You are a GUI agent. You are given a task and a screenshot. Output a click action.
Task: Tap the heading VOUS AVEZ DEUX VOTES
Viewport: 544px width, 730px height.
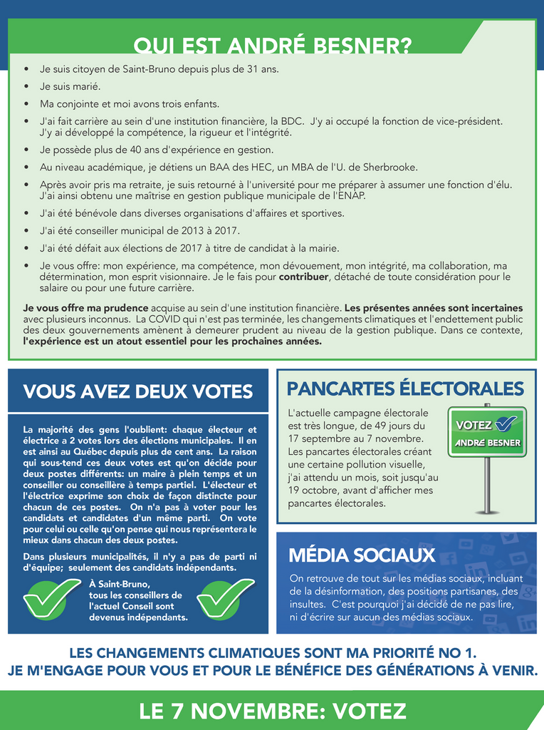[x=137, y=391]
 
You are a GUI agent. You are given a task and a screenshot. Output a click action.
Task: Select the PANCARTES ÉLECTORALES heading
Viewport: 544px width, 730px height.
[x=404, y=389]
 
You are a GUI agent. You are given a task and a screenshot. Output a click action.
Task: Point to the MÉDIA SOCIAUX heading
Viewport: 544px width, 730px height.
[x=361, y=555]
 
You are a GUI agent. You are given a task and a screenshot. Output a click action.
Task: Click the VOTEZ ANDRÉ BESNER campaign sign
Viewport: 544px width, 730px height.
[x=486, y=432]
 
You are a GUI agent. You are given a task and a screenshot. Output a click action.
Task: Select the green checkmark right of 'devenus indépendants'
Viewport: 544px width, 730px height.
[x=225, y=597]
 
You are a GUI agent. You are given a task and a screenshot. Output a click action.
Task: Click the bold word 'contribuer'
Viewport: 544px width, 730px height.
[x=304, y=277]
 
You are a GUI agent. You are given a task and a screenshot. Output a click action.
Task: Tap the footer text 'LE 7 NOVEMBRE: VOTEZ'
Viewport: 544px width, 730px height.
[x=273, y=711]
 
